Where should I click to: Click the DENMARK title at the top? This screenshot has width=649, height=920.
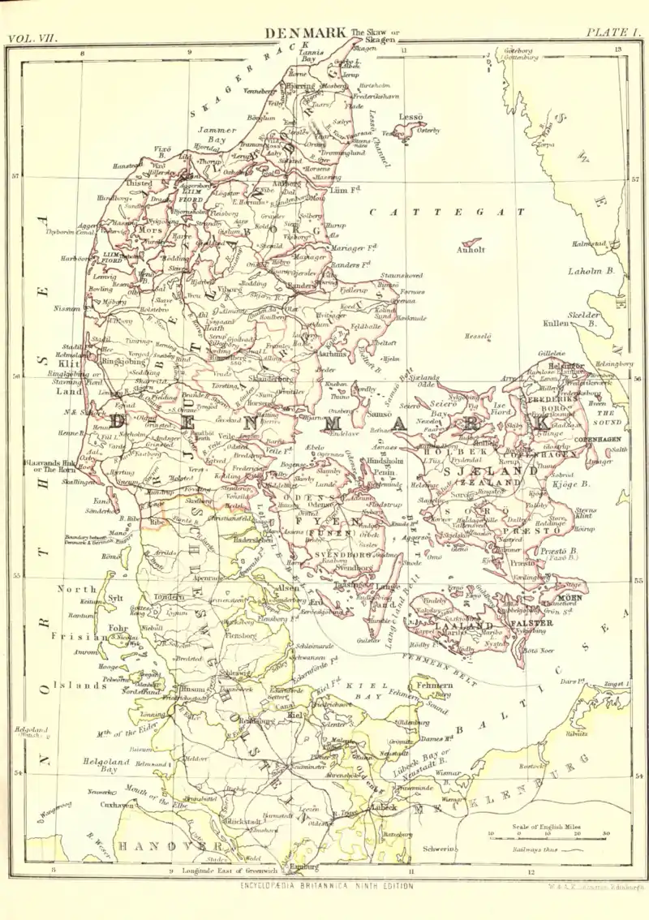coord(306,33)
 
